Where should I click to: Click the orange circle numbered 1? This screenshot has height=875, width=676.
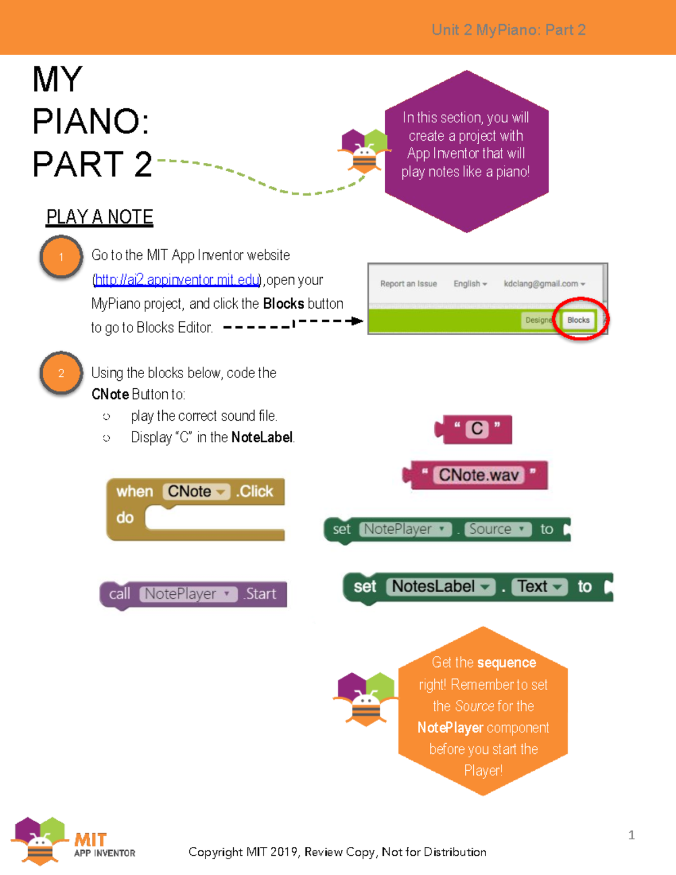pos(61,257)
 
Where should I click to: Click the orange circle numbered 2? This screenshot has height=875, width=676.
pos(61,373)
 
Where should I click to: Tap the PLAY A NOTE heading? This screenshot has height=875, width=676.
pos(100,217)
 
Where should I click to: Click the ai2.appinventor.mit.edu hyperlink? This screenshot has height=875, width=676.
pos(177,279)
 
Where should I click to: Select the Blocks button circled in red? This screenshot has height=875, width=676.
pos(578,320)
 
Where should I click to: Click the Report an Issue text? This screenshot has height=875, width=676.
pos(408,283)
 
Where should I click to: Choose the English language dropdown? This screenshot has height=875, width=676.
pos(470,283)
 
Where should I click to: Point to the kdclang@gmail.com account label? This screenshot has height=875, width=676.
pos(544,283)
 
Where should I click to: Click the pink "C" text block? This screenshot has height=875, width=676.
pos(477,429)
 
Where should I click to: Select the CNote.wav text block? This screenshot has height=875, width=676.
pos(478,475)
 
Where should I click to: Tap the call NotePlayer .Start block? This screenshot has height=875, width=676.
pos(193,594)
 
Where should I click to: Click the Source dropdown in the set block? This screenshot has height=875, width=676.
pos(497,529)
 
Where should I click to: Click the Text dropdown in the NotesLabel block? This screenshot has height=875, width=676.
pos(539,587)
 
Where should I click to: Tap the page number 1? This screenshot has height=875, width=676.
pos(631,834)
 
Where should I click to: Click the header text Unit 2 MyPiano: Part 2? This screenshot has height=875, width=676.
pos(508,30)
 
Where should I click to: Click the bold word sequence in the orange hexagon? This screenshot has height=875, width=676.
pos(506,663)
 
